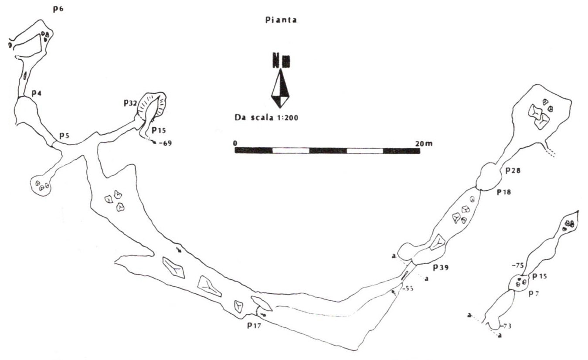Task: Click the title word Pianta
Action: pyautogui.click(x=281, y=20)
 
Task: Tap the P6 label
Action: pyautogui.click(x=58, y=9)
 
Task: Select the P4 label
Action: pyautogui.click(x=37, y=93)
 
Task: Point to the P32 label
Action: pyautogui.click(x=130, y=103)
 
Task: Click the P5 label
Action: pyautogui.click(x=65, y=136)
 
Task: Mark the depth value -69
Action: pyautogui.click(x=165, y=143)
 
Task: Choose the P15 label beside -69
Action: pyautogui.click(x=159, y=130)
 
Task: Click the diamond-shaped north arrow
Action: pyautogui.click(x=280, y=88)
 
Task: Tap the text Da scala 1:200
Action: pyautogui.click(x=266, y=118)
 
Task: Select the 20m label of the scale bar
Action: pyautogui.click(x=424, y=143)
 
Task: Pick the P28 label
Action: pyautogui.click(x=513, y=171)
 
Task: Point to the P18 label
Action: pyautogui.click(x=504, y=192)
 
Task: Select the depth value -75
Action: pyautogui.click(x=518, y=265)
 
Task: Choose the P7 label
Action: pyautogui.click(x=534, y=294)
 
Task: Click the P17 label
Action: pyautogui.click(x=254, y=326)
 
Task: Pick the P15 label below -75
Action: pyautogui.click(x=540, y=276)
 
